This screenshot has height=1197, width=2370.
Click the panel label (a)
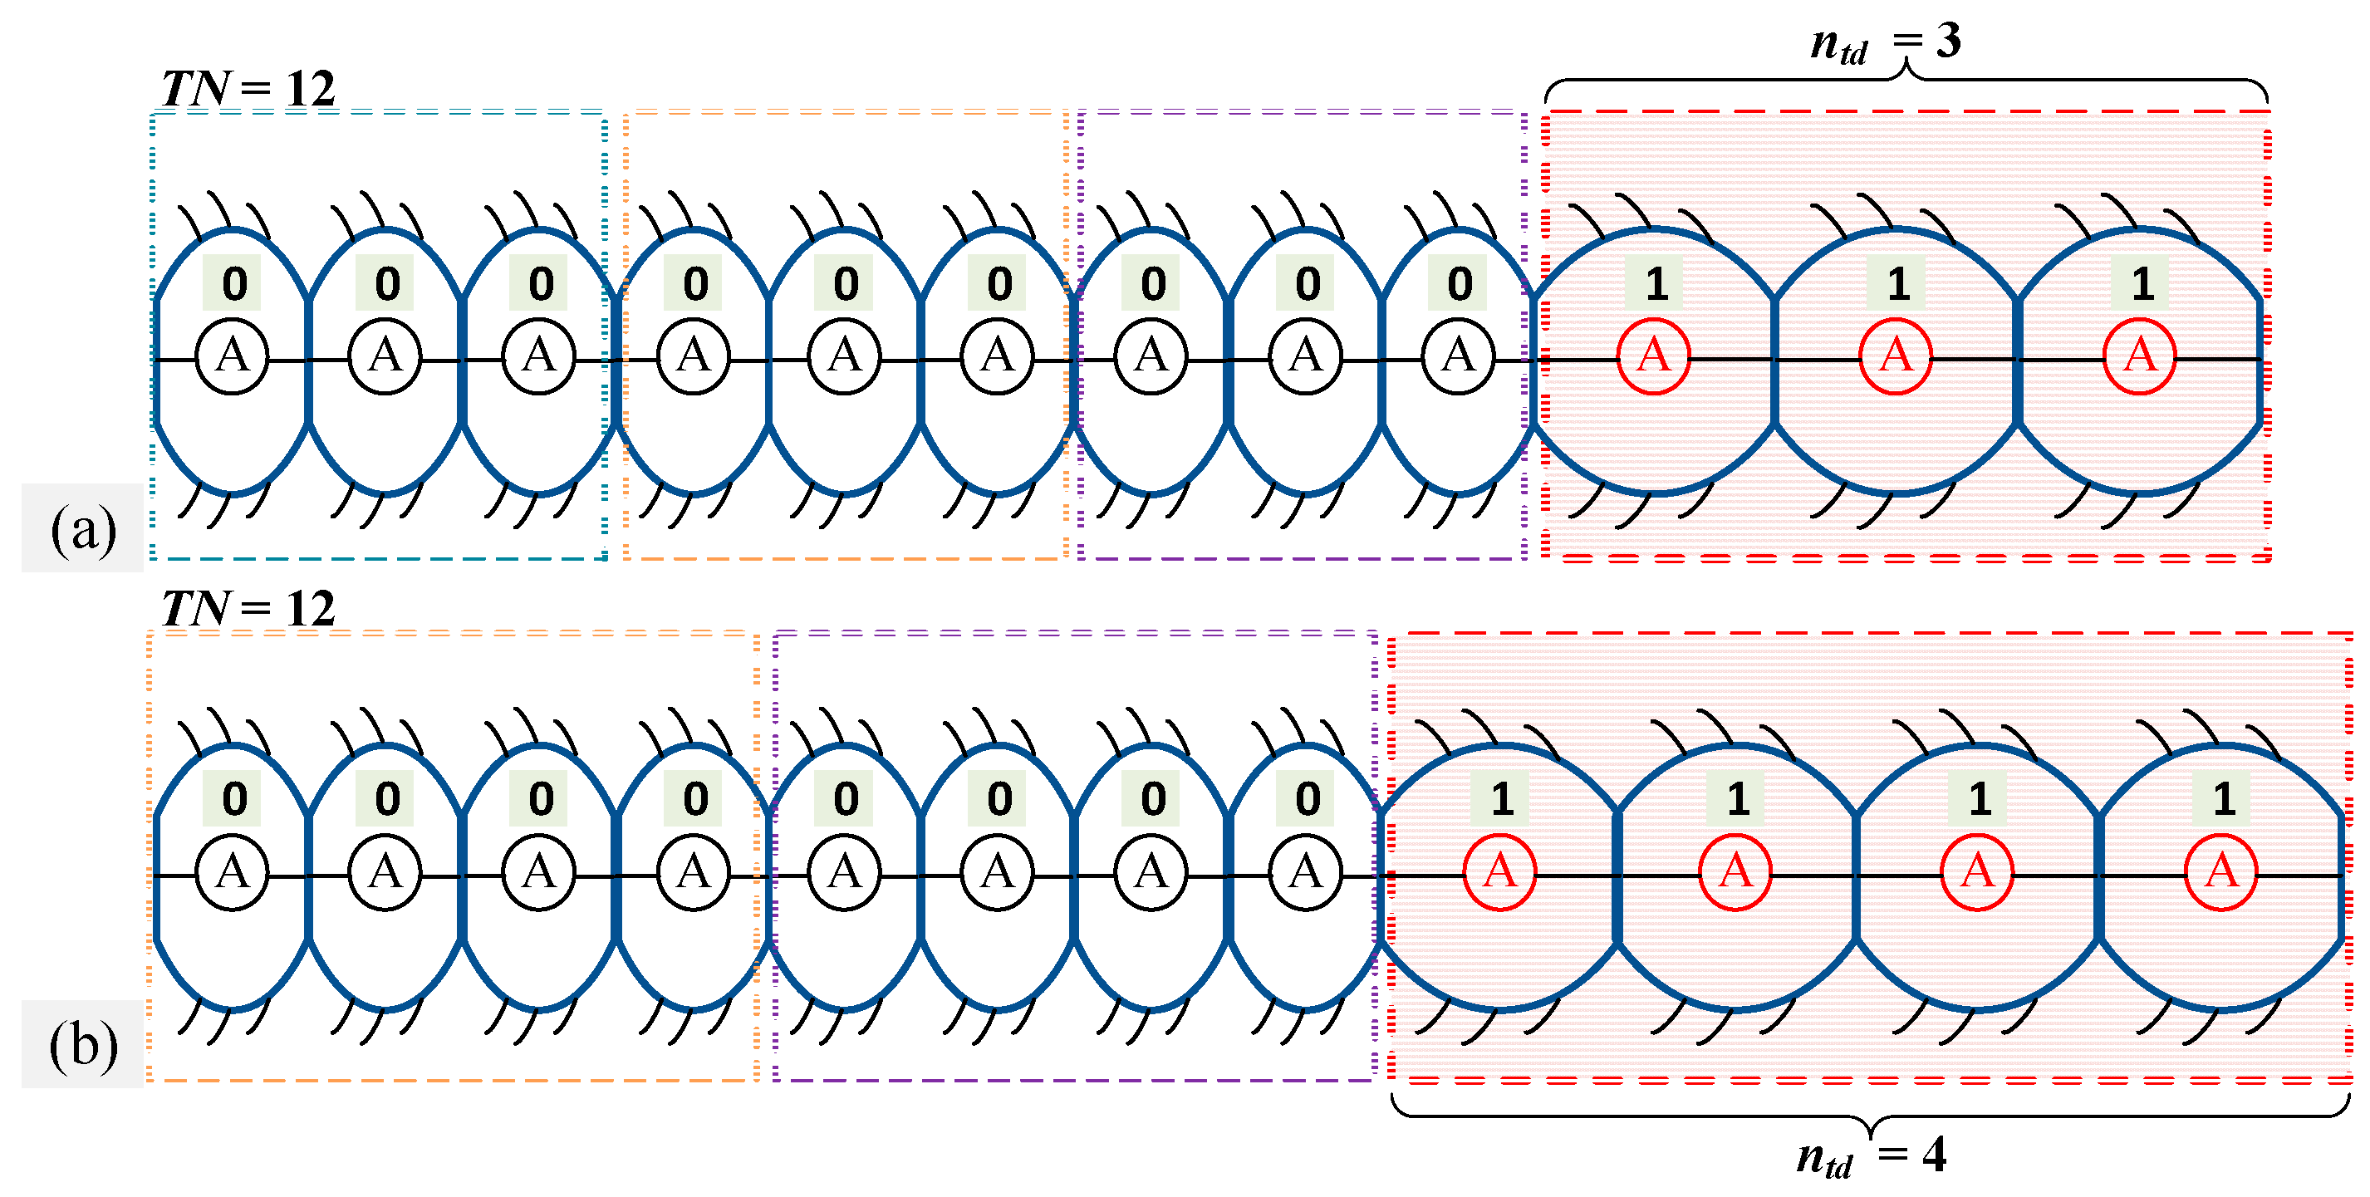tap(83, 530)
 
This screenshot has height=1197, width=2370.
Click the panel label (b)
tap(83, 1045)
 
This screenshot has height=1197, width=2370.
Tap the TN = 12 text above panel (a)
tap(248, 89)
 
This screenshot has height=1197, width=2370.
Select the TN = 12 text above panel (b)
tap(248, 609)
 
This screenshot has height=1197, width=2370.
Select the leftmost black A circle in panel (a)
tap(232, 357)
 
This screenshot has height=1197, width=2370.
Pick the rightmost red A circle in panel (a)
tap(2139, 357)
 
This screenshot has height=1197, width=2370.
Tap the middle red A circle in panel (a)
tap(1896, 357)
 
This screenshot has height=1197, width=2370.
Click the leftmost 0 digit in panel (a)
tap(233, 283)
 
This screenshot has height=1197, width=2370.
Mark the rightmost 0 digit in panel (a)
tap(1460, 283)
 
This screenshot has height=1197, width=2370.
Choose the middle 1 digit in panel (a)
tap(1898, 283)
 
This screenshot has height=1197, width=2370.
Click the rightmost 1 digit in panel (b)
tap(2224, 798)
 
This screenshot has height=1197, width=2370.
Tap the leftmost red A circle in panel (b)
tap(1499, 872)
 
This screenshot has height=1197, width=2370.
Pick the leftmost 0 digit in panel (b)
tap(233, 798)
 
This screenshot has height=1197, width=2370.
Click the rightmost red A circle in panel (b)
tap(2221, 872)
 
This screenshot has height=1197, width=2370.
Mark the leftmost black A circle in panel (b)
tap(232, 872)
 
